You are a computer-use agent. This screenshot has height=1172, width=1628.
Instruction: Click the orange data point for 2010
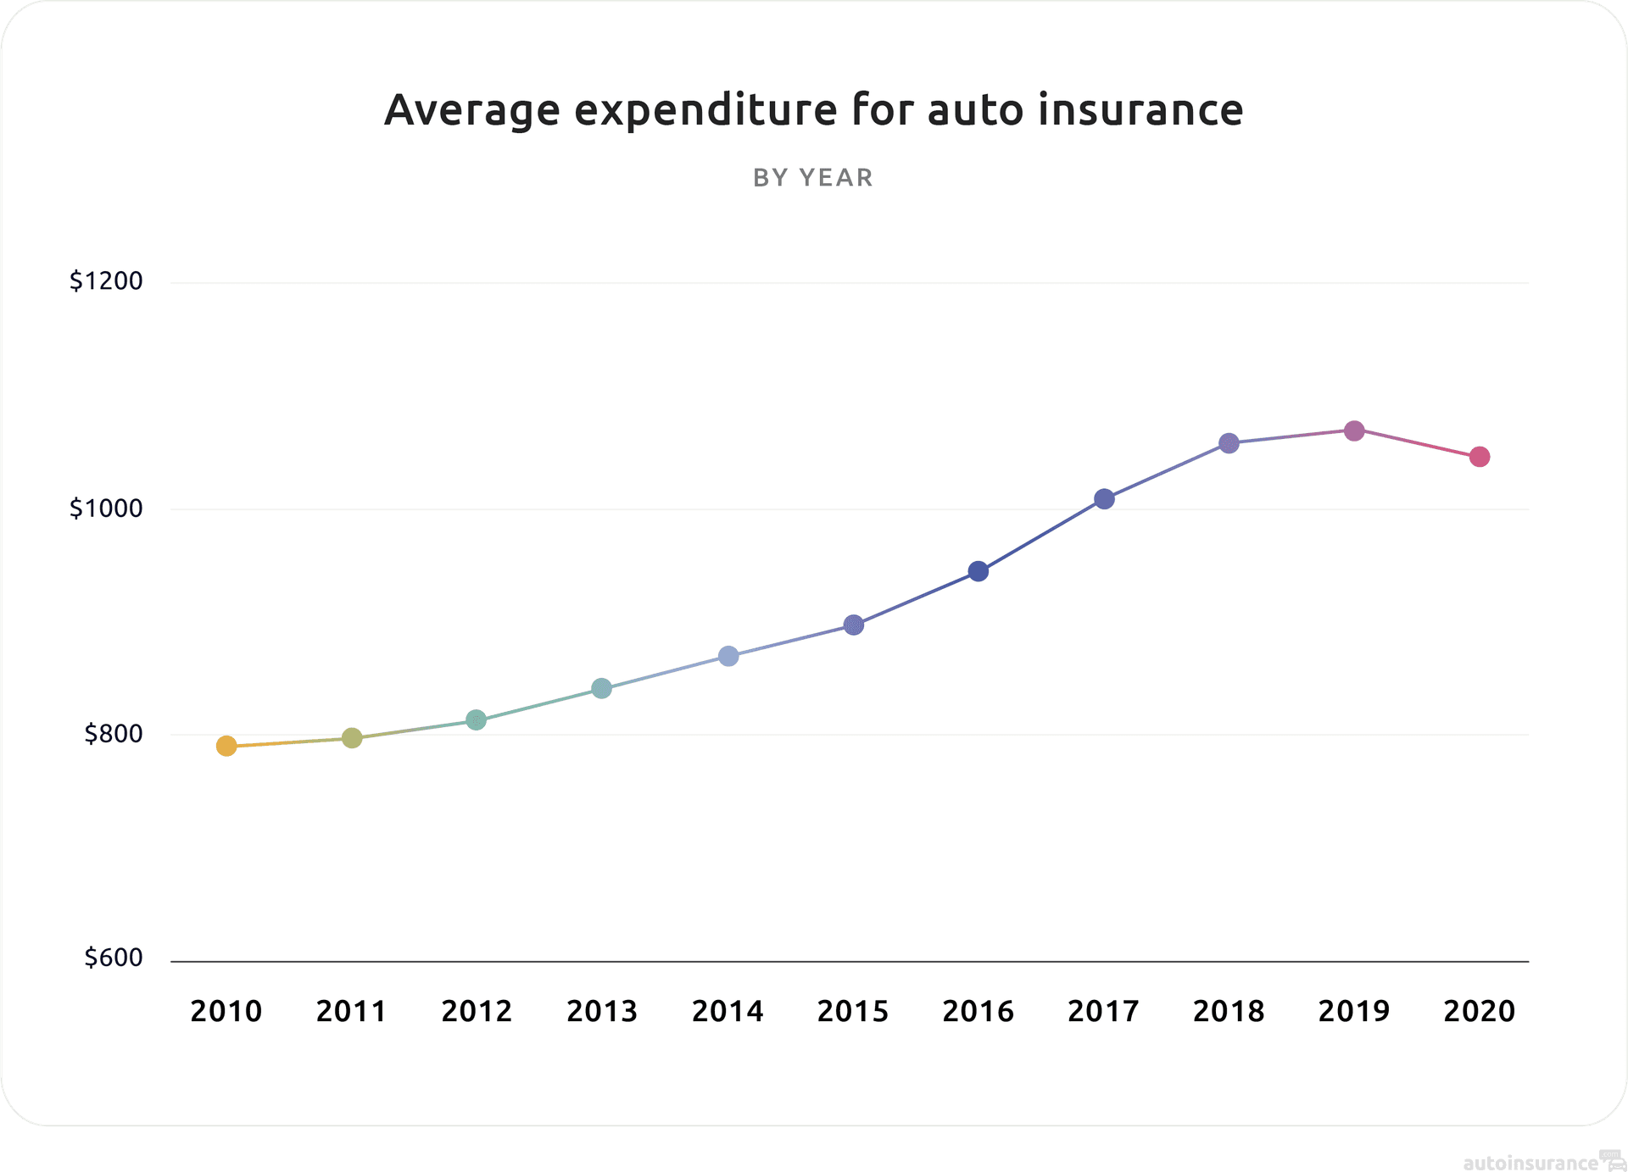click(x=226, y=746)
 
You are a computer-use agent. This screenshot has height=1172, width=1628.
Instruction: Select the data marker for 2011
click(x=352, y=738)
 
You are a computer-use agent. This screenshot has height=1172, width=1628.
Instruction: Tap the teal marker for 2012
click(x=477, y=720)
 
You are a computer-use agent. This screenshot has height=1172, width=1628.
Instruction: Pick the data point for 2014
click(x=728, y=656)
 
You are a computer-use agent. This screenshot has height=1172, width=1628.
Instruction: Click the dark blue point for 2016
click(x=978, y=571)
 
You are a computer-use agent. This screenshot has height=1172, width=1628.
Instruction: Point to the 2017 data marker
click(x=1104, y=499)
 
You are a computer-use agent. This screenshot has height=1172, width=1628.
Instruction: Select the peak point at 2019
click(x=1354, y=430)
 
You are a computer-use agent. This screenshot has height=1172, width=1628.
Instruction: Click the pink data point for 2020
click(x=1480, y=457)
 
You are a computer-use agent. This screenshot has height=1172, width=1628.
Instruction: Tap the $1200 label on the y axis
click(x=106, y=281)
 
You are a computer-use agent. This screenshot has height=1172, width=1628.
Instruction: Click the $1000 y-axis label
click(x=106, y=508)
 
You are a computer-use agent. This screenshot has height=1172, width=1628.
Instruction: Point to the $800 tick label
click(x=113, y=734)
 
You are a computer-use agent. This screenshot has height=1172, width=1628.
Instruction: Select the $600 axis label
click(x=113, y=958)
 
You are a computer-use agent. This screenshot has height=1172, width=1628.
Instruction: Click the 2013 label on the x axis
click(x=602, y=1011)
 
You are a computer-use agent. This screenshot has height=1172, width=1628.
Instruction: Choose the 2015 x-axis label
click(x=853, y=1011)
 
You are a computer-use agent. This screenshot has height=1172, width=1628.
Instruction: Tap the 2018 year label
click(x=1229, y=1011)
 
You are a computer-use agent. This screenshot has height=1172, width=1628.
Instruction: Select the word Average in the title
click(x=472, y=110)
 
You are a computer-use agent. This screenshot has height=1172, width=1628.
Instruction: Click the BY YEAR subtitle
click(x=813, y=178)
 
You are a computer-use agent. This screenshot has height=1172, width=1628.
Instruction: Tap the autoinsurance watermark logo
click(x=1540, y=1162)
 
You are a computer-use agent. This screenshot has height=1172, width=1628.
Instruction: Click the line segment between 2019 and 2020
click(x=1417, y=444)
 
